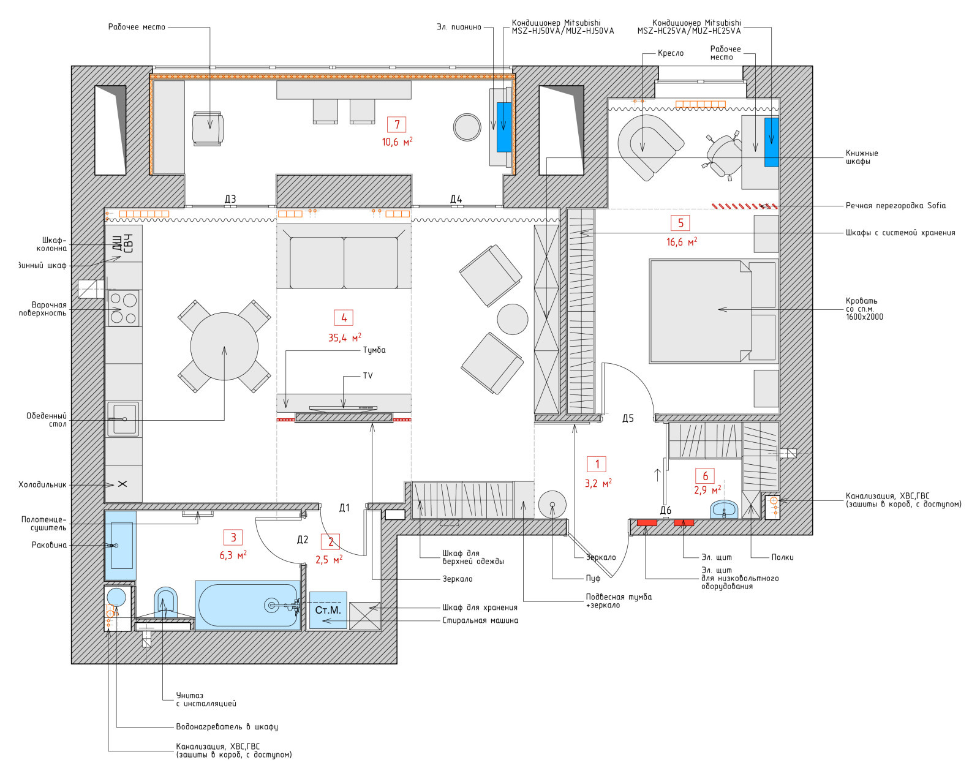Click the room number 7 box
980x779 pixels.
(x=397, y=124)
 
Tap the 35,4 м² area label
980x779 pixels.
(x=345, y=337)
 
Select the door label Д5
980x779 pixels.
(x=628, y=418)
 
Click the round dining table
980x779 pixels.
(x=224, y=347)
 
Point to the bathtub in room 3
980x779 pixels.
(x=247, y=605)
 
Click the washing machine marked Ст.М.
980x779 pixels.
(x=328, y=610)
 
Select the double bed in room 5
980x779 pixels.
(x=713, y=311)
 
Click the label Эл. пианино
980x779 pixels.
(x=459, y=27)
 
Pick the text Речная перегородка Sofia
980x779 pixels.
(x=895, y=205)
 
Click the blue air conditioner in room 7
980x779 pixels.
(x=503, y=127)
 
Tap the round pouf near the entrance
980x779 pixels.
(x=552, y=505)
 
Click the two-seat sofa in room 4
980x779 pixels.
(x=344, y=258)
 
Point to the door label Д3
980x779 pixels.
(x=230, y=199)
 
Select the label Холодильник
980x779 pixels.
(x=42, y=484)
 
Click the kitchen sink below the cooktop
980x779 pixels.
(x=123, y=420)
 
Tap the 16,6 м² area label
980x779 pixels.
(x=681, y=242)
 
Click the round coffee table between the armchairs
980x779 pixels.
(x=512, y=319)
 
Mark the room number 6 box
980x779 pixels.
(x=704, y=476)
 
